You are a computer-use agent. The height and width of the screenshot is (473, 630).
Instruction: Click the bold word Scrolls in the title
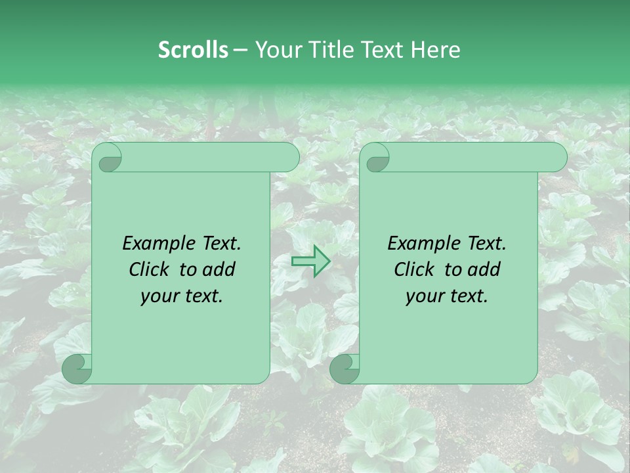coord(193,50)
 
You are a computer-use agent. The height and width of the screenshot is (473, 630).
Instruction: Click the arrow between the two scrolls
coord(310,261)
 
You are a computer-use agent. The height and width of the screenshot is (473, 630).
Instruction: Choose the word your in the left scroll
coord(159,296)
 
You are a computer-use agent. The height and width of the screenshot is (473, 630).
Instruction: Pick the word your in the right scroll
coord(425,296)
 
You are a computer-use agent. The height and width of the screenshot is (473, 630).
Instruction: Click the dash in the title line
coord(240,50)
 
